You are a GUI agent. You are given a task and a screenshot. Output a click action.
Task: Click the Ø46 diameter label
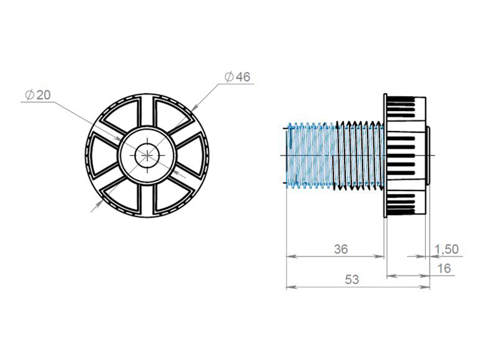tap(237, 77)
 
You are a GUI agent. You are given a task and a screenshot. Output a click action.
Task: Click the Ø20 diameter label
tap(37, 95)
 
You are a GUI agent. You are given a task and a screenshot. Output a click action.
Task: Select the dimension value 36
tap(341, 249)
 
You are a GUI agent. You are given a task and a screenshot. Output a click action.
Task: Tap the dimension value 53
tap(352, 279)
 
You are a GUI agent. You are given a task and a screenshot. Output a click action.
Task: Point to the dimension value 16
tap(444, 268)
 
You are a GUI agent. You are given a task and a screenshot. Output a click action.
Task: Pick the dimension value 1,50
tap(447, 249)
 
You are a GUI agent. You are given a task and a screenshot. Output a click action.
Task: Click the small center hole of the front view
tap(147, 156)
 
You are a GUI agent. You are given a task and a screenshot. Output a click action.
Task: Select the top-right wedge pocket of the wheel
tap(171, 114)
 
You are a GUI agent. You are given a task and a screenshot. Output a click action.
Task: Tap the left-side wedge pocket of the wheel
tap(103, 156)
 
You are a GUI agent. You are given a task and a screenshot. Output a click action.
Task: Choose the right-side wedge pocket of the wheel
tap(192, 156)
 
